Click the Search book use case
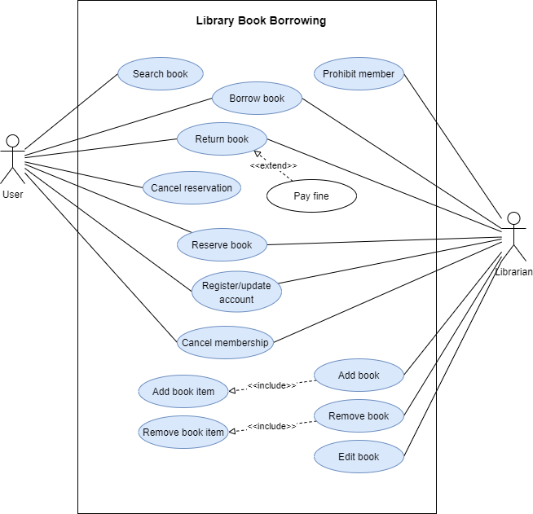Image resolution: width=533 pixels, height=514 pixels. (x=161, y=74)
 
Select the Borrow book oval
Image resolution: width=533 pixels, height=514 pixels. (x=257, y=99)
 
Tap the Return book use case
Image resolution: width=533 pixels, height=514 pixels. (x=222, y=139)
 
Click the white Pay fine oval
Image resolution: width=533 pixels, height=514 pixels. (x=311, y=196)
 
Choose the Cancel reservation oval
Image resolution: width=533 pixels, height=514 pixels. (x=192, y=188)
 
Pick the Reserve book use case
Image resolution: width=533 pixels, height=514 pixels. (x=222, y=245)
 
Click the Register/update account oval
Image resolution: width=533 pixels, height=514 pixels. (x=236, y=292)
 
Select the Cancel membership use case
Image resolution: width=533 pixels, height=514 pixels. (x=225, y=343)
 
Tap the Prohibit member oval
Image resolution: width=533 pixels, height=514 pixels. (x=359, y=74)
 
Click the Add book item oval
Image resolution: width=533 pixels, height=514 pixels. (x=183, y=392)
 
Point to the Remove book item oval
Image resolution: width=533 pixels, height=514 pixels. (x=183, y=433)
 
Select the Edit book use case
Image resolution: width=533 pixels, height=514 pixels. (x=359, y=457)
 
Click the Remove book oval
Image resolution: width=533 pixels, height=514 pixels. (x=359, y=416)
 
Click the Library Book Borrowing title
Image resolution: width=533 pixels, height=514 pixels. (x=261, y=21)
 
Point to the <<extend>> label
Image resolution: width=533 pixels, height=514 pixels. (x=273, y=166)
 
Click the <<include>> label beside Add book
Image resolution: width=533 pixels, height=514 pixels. (x=271, y=385)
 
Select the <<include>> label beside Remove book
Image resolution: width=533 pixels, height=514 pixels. (x=271, y=426)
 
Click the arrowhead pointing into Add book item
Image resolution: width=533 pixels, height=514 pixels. (x=232, y=392)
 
